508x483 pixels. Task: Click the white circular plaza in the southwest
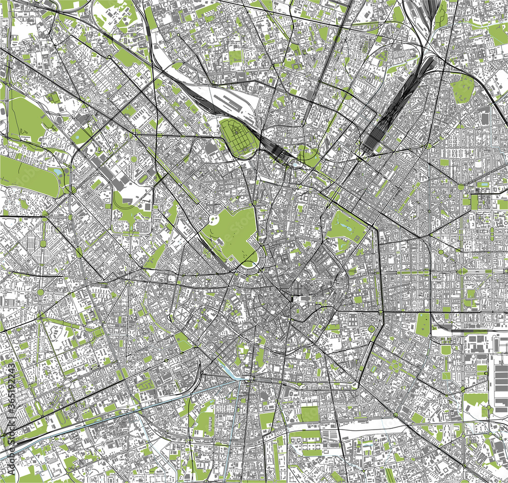tap(40, 293)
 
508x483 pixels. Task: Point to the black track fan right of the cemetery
tap(274, 147)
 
